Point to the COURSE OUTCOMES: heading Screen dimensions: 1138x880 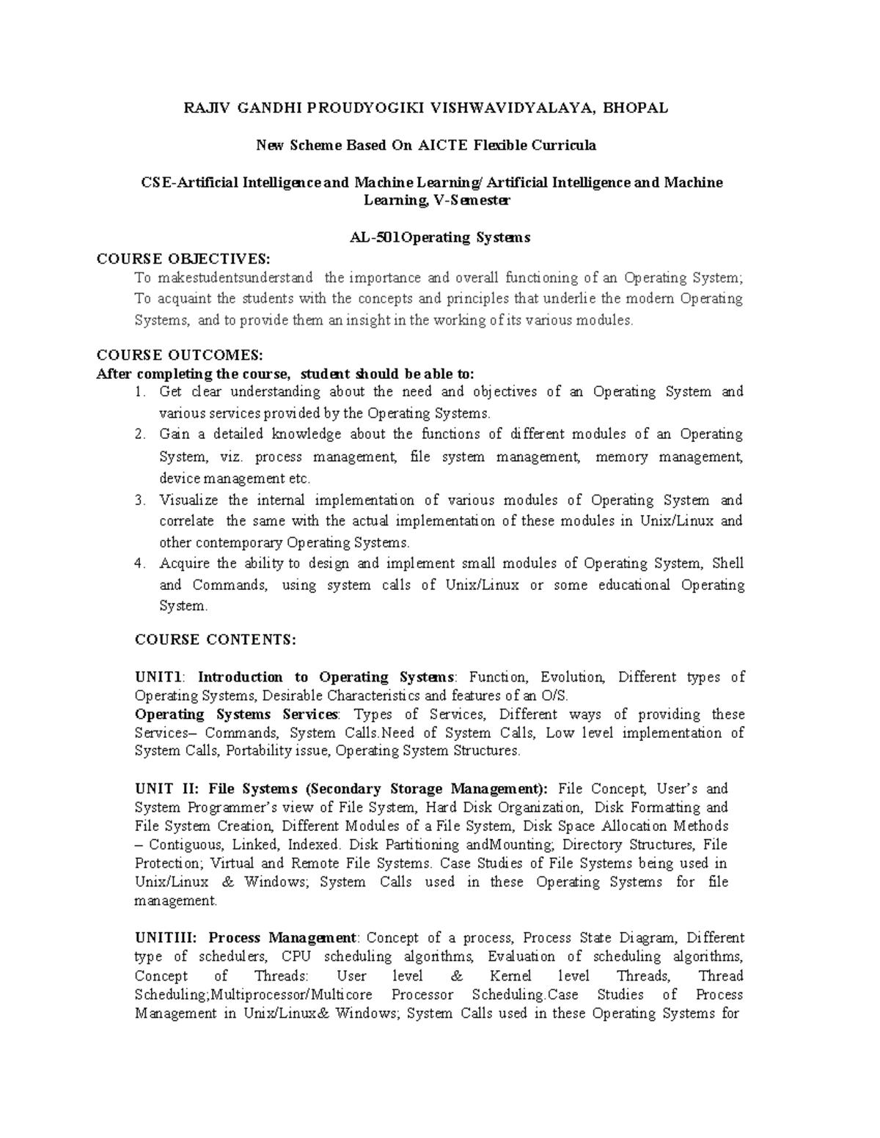(180, 355)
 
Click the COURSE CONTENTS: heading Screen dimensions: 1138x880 (216, 639)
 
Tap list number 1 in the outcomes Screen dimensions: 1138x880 (139, 392)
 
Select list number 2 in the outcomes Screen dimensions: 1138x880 (139, 435)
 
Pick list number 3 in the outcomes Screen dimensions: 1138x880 (139, 500)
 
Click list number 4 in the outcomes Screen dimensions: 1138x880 (139, 564)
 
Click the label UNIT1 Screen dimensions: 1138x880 (163, 677)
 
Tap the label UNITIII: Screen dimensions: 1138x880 (168, 938)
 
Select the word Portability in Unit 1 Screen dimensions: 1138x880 (258, 750)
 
